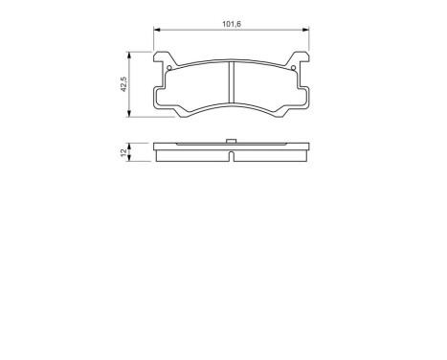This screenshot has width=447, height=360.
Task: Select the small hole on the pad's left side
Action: (169, 67)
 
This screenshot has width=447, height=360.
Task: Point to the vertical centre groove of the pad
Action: (234, 83)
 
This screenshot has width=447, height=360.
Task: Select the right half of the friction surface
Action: (268, 84)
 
